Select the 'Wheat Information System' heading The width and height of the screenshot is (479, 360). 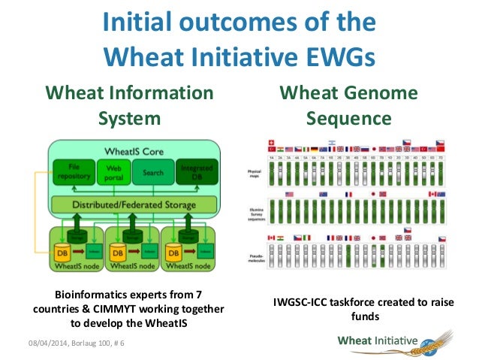[129, 105]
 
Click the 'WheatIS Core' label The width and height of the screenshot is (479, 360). [133, 149]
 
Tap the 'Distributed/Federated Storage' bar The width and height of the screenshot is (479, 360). [134, 204]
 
